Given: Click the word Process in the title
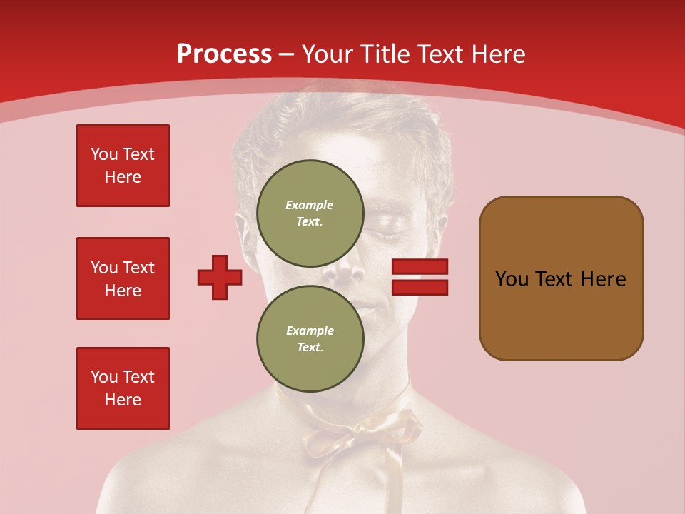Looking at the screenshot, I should pyautogui.click(x=224, y=54).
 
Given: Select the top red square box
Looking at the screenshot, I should pyautogui.click(x=123, y=166).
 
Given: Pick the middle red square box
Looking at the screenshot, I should pyautogui.click(x=123, y=278).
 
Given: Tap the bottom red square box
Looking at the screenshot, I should pyautogui.click(x=123, y=388).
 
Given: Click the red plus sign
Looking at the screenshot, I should pyautogui.click(x=220, y=277).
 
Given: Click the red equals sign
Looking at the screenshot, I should pyautogui.click(x=420, y=277).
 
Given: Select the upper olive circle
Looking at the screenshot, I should pyautogui.click(x=310, y=213).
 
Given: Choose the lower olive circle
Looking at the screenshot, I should pyautogui.click(x=310, y=339).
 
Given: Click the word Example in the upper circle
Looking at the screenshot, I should pyautogui.click(x=310, y=206).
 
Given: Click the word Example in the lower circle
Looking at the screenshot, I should pyautogui.click(x=310, y=331).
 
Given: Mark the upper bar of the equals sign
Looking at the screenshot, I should pyautogui.click(x=420, y=267).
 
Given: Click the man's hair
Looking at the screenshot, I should pyautogui.click(x=335, y=121).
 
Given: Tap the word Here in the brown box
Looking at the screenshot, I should pyautogui.click(x=603, y=279).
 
